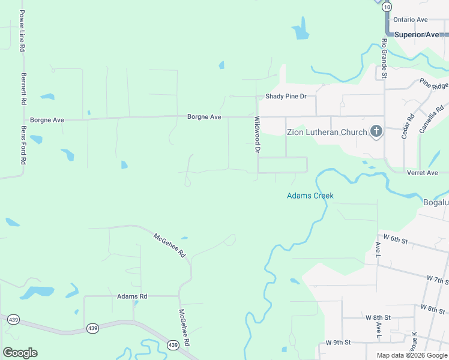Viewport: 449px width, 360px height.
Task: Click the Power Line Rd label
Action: [22, 31]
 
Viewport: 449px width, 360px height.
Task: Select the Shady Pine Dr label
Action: [286, 97]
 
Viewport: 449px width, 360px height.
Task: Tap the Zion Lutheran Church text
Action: [327, 132]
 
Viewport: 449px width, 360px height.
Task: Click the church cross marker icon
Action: [376, 131]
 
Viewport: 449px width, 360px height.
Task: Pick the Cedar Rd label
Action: [405, 127]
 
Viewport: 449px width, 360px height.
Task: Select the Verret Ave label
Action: [423, 173]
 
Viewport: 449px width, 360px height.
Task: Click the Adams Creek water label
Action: [310, 196]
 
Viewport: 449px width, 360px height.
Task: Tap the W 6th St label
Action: [395, 241]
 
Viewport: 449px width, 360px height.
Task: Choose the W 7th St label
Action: [438, 280]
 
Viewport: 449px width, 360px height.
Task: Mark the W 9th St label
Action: [338, 342]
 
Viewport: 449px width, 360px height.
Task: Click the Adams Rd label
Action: [132, 296]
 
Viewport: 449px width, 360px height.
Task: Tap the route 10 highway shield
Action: [387, 7]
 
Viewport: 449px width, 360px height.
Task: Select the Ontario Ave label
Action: [411, 20]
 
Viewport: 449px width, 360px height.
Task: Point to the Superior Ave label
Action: [417, 35]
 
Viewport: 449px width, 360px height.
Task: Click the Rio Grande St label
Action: [384, 59]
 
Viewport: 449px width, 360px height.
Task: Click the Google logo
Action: [20, 353]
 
